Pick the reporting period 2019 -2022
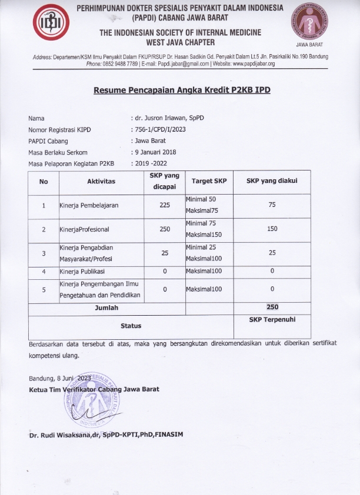click(x=152, y=163)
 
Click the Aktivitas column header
click(x=101, y=182)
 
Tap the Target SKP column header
click(x=209, y=181)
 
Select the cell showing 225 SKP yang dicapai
click(x=165, y=206)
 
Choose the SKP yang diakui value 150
click(x=272, y=229)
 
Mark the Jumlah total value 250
click(x=272, y=307)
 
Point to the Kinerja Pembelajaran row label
click(x=89, y=206)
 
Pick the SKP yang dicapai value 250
click(x=165, y=229)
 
